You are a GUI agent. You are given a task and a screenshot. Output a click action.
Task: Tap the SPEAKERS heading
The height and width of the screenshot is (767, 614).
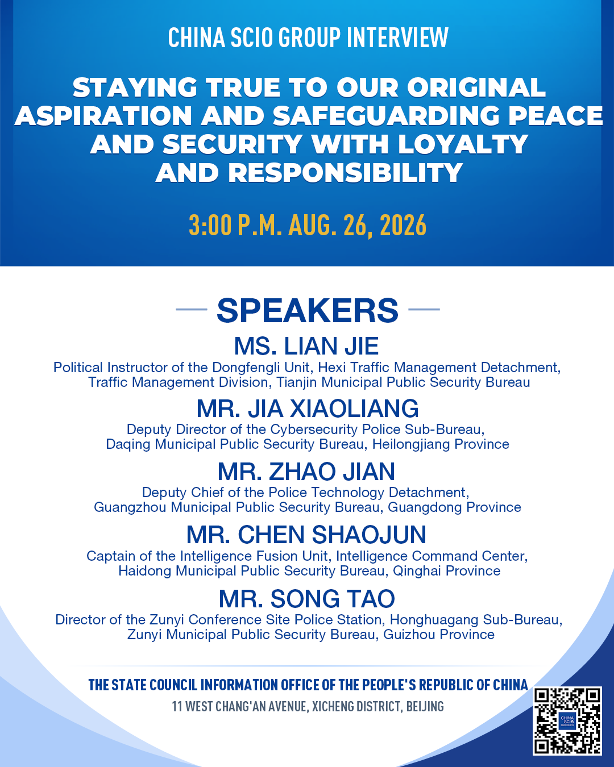tap(307, 310)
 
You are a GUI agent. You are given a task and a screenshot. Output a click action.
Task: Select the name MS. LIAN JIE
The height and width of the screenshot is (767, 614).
tap(306, 346)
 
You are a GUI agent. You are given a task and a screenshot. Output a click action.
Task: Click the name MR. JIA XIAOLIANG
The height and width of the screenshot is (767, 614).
tap(308, 408)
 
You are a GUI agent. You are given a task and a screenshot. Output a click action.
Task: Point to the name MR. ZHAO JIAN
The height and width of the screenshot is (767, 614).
tap(306, 471)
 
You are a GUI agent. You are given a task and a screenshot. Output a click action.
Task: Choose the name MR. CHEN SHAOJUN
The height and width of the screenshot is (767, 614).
tap(306, 535)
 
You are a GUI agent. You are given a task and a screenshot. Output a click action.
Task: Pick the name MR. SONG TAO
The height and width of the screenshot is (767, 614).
tap(307, 598)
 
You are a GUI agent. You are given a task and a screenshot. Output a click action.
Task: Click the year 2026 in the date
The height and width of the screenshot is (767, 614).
tap(403, 225)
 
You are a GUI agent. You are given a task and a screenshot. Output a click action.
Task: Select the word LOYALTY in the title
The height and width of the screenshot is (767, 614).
tap(463, 144)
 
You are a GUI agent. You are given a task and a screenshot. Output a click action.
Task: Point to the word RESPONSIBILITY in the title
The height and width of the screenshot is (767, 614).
tap(345, 173)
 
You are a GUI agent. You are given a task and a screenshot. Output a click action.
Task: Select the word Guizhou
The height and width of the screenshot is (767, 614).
tap(407, 635)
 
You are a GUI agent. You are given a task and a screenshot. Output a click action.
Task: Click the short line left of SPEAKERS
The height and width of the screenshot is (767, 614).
tap(192, 310)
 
